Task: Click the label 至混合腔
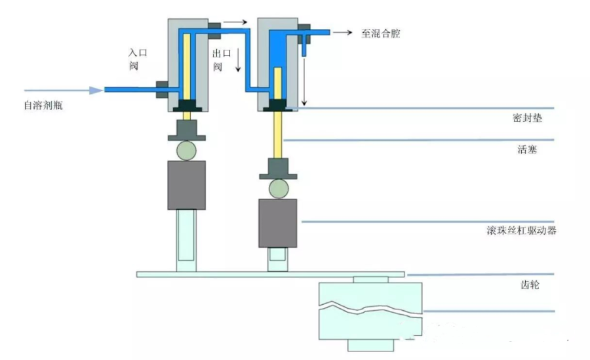click(x=380, y=33)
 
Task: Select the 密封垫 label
click(x=528, y=119)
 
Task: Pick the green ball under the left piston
click(x=186, y=150)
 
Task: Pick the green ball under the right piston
click(x=277, y=188)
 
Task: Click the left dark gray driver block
click(x=186, y=185)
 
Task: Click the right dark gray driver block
click(x=277, y=222)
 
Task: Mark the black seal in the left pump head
click(x=186, y=106)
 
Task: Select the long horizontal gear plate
click(x=270, y=274)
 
